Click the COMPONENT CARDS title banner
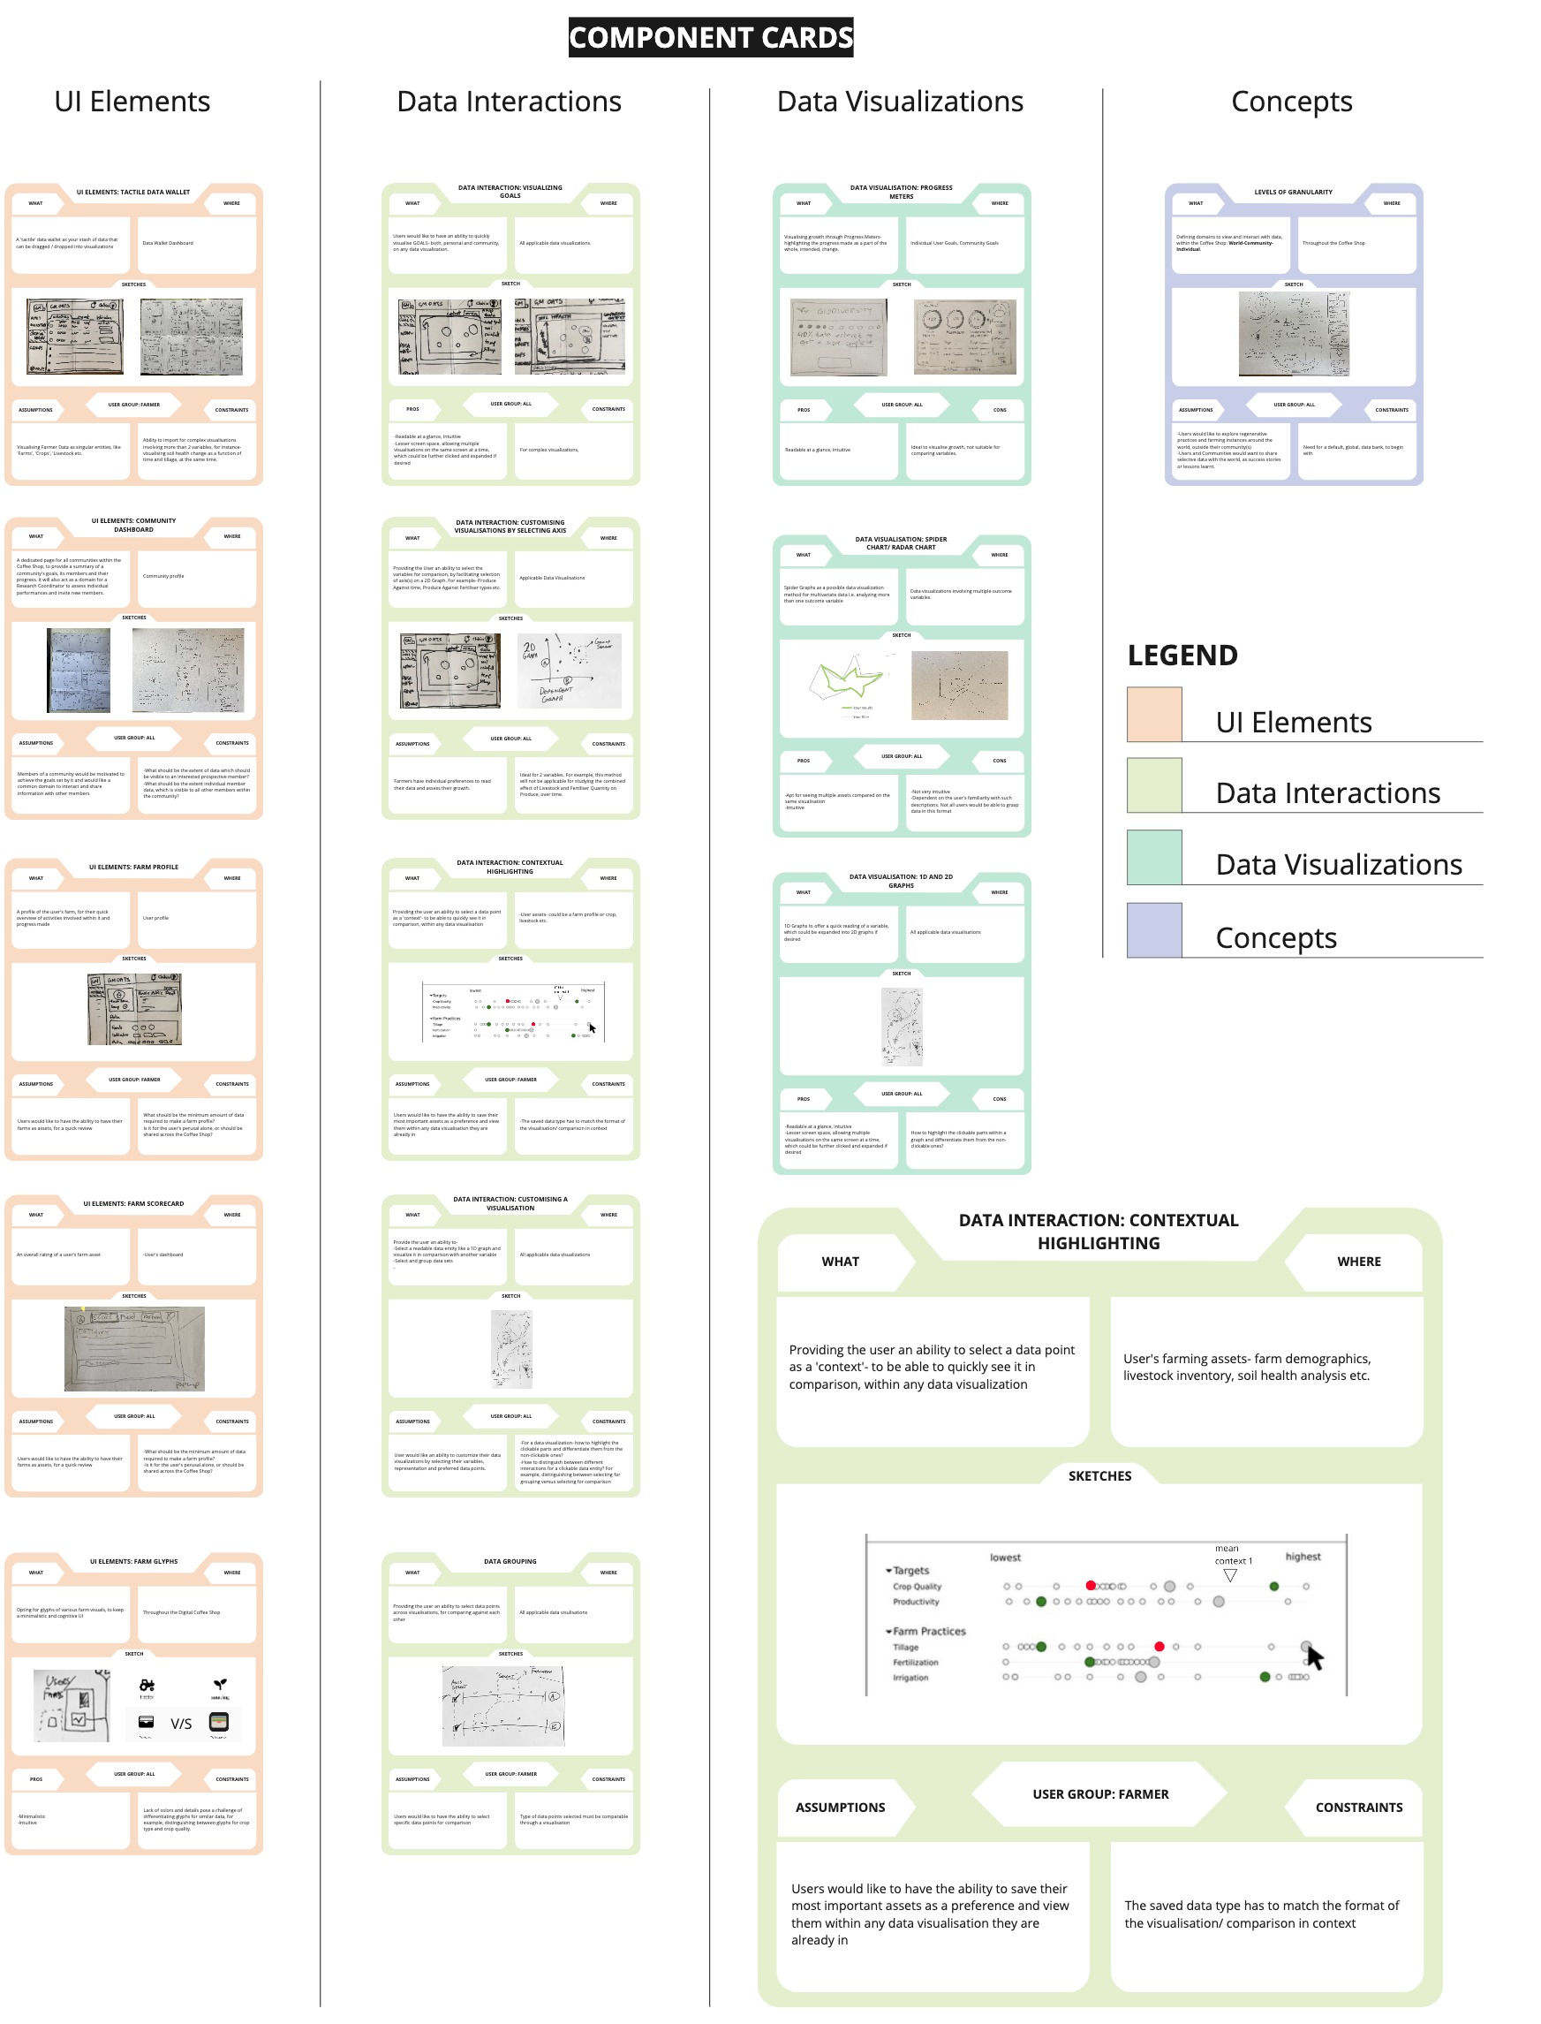(710, 38)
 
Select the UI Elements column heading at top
(132, 102)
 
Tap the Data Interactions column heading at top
(508, 102)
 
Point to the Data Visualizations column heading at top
(899, 102)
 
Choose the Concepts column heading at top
(1290, 102)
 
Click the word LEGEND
(1182, 656)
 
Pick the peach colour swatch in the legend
(1153, 714)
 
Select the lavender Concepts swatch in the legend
(1153, 929)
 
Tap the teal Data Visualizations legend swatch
(1153, 857)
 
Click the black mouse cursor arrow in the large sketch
(1314, 1658)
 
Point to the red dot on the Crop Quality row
(1090, 1586)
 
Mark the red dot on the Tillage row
(1159, 1646)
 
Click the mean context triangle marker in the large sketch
(1230, 1575)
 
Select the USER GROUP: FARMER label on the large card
(1099, 1793)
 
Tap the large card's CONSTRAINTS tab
(1357, 1807)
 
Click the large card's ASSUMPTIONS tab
(839, 1807)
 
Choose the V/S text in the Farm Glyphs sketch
(181, 1723)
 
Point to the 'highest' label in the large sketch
(1302, 1556)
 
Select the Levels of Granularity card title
(1293, 192)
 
